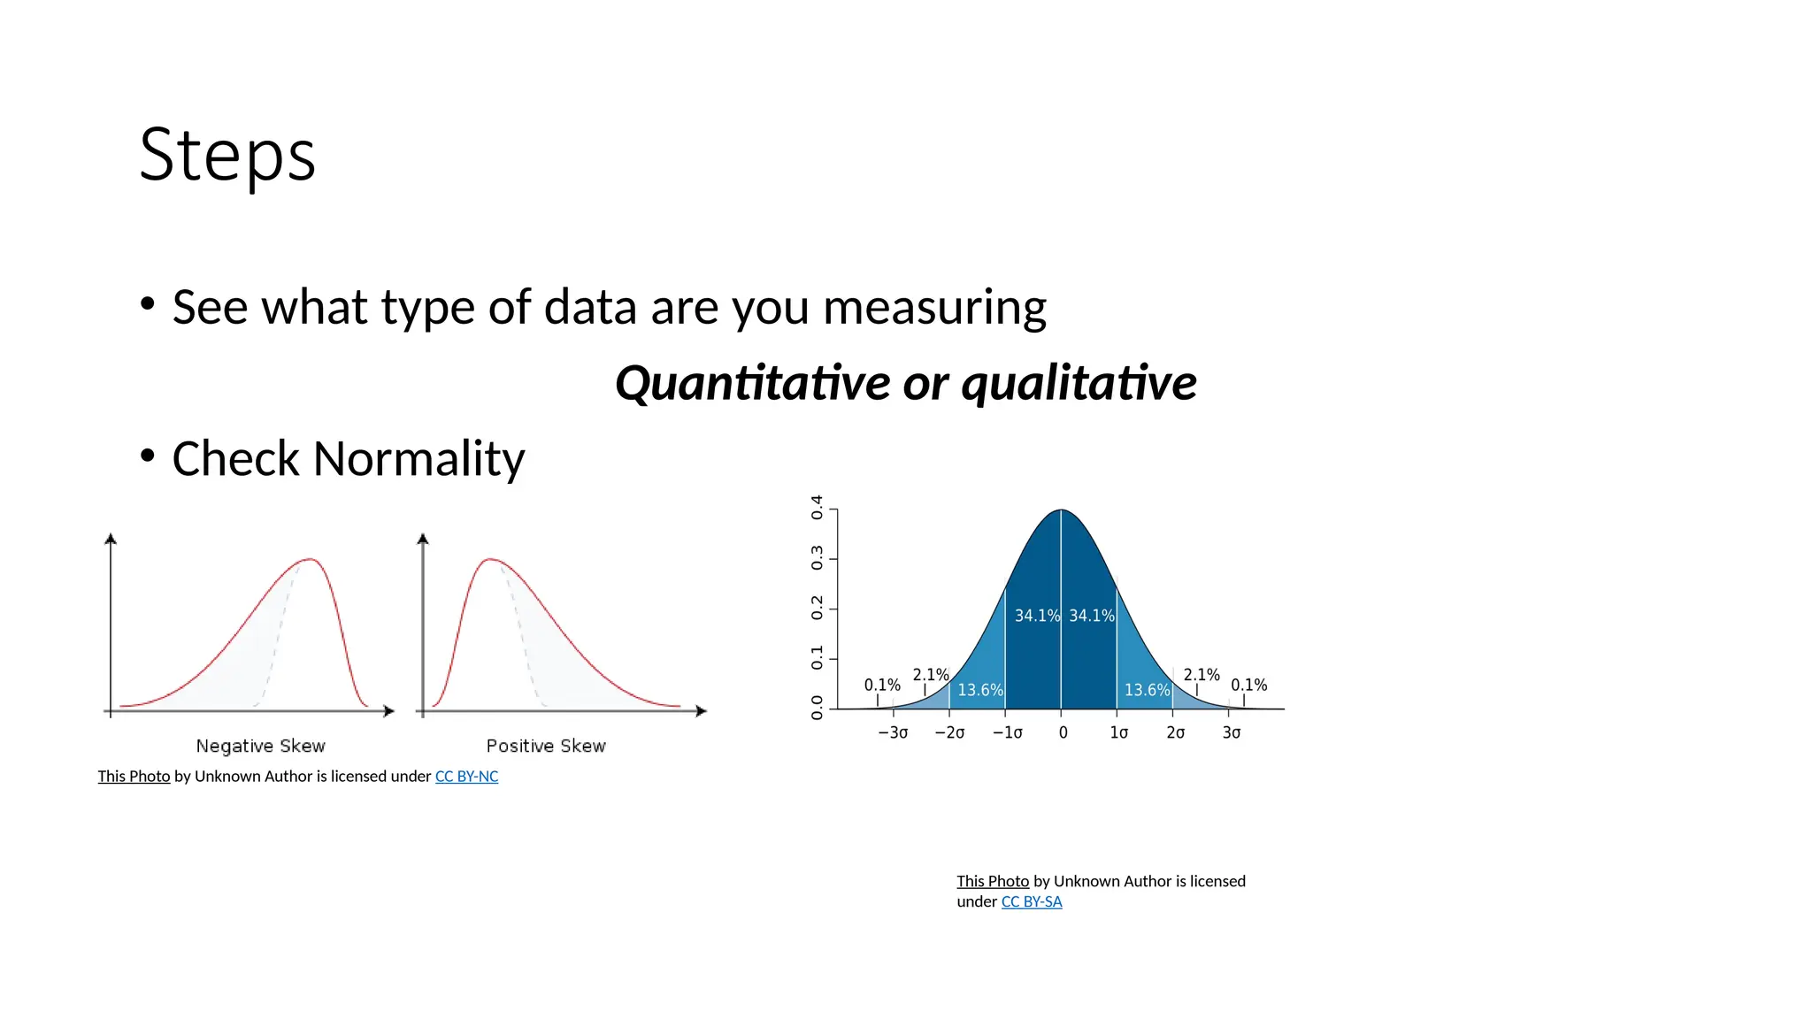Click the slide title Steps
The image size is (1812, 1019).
[x=227, y=155]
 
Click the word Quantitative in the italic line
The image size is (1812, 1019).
[x=752, y=383]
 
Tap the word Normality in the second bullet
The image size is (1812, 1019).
[x=418, y=459]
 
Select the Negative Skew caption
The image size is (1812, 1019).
[x=260, y=746]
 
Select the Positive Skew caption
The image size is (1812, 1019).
[x=546, y=746]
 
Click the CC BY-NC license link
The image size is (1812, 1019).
[x=466, y=777]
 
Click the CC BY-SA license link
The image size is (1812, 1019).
[x=1031, y=902]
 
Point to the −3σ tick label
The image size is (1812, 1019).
[x=892, y=732]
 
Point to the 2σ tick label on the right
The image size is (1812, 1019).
[x=1175, y=732]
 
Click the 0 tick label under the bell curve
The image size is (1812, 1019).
[x=1063, y=732]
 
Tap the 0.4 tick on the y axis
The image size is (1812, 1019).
[x=817, y=508]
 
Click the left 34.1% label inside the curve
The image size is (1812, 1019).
[x=1036, y=616]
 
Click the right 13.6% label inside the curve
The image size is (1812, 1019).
[x=1147, y=690]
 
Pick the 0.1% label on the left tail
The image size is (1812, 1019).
[x=882, y=685]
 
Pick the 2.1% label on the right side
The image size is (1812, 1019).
[x=1201, y=675]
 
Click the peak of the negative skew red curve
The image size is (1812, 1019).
[x=310, y=559]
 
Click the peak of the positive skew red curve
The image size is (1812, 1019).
[x=490, y=559]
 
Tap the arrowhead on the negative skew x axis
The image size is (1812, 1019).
[x=388, y=711]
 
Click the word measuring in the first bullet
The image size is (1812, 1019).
[x=934, y=308]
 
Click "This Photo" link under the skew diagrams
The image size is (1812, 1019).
[x=134, y=777]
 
